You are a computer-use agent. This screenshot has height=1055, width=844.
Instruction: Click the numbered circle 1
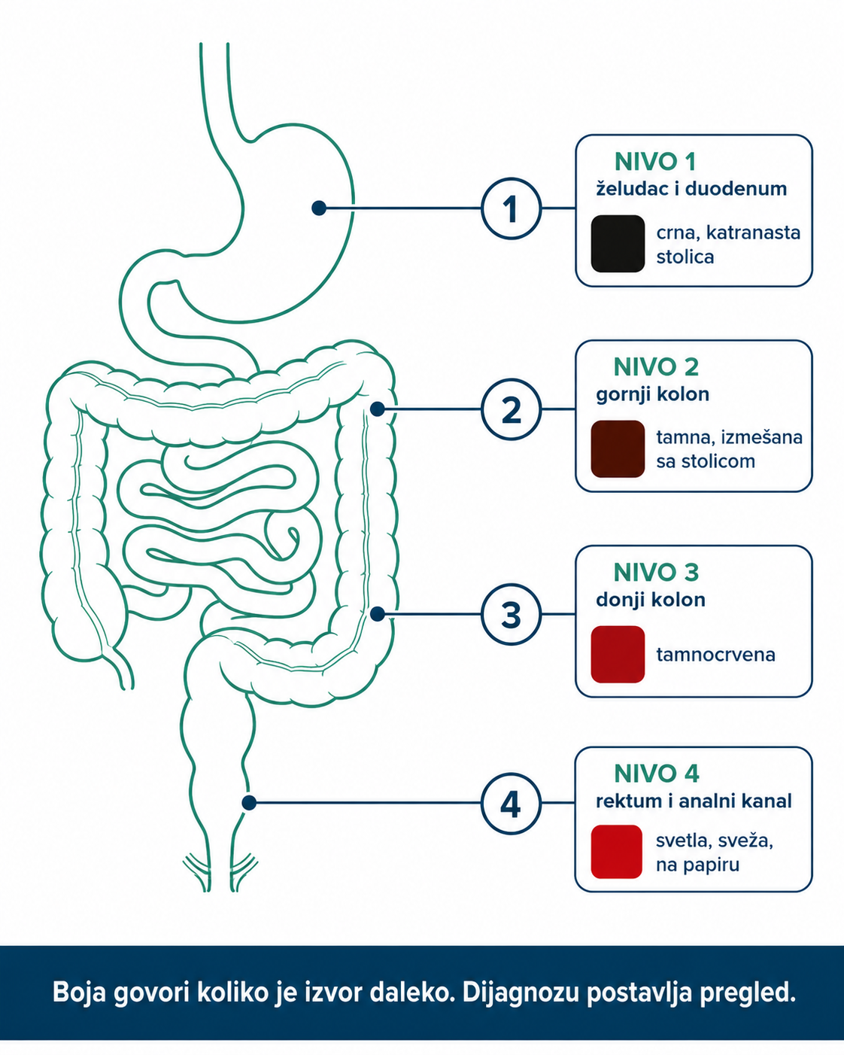pos(511,208)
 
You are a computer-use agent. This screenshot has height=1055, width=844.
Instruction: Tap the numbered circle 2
pos(511,409)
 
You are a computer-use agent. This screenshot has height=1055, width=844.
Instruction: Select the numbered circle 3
pos(511,614)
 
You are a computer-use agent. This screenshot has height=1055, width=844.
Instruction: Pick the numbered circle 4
pos(511,804)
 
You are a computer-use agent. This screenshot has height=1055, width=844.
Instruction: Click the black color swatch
pos(618,244)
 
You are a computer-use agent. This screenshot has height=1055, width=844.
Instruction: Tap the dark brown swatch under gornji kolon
pos(618,448)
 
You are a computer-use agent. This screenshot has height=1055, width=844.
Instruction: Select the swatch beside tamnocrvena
pos(618,654)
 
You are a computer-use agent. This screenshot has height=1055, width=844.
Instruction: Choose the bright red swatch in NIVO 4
pos(617,852)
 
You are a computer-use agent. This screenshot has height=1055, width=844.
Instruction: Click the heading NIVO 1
pos(655,163)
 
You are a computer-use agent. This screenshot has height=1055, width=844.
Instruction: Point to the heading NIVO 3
pos(656,573)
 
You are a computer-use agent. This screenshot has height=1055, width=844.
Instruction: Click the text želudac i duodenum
pos(691,189)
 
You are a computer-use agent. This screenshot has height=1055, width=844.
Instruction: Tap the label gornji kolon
pos(653,394)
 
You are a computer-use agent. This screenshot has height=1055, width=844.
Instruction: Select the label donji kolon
pos(651,600)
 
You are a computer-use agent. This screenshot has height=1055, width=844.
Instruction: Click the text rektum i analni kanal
pos(694,801)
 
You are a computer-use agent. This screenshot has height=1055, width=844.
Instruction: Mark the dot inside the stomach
pos(319,208)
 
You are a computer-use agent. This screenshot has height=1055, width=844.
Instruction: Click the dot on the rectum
pos(249,803)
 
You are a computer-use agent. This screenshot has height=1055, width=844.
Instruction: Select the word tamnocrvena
pos(715,655)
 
